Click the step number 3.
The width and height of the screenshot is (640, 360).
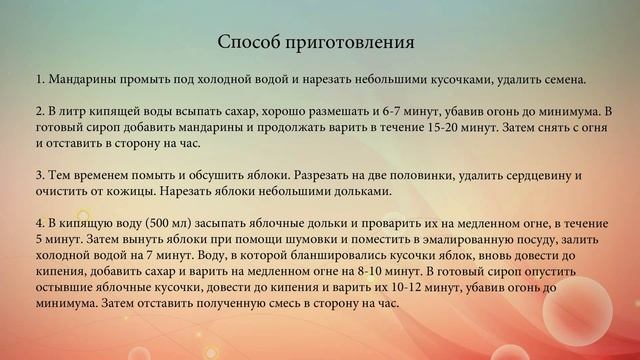[38, 174]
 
